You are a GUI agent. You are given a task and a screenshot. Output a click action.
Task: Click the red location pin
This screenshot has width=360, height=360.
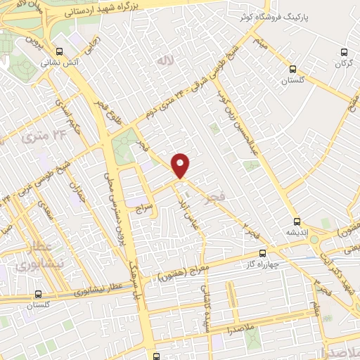click(181, 165)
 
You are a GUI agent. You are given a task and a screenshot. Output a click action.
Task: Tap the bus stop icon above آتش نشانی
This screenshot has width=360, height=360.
click(59, 51)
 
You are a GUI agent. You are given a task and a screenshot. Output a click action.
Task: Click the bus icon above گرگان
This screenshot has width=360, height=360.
click(344, 52)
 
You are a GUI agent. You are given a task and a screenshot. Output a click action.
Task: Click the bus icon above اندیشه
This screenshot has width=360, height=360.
click(296, 220)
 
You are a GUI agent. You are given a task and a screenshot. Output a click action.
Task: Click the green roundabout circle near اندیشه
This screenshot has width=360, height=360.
click(314, 240)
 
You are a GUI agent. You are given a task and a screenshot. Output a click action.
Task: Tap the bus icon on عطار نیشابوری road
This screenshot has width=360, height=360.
click(37, 295)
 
